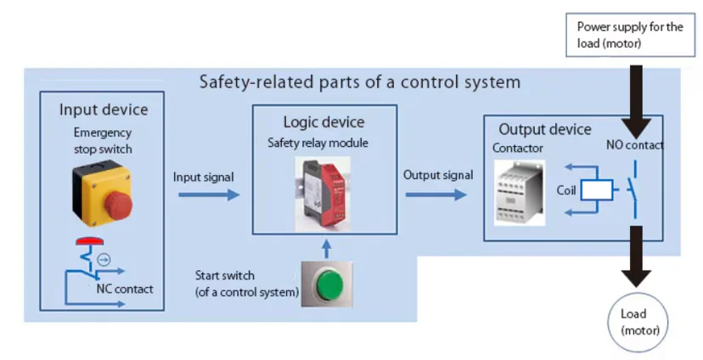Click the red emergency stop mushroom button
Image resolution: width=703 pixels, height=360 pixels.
click(119, 205)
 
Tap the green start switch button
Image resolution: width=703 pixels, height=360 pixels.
click(330, 284)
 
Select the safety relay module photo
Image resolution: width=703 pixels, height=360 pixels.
click(323, 194)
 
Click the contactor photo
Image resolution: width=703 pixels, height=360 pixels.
click(520, 193)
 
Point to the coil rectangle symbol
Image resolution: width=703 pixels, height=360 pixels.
click(597, 189)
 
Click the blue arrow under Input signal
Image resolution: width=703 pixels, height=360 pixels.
click(209, 194)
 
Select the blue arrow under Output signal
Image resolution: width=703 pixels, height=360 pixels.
click(436, 194)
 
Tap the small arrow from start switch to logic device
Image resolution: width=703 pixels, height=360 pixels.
click(326, 249)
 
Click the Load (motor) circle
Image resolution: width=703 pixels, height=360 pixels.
click(638, 323)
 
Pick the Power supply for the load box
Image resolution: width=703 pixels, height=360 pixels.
click(630, 35)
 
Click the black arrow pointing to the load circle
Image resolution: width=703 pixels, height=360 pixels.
click(636, 256)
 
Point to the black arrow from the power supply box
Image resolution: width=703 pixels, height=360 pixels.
click(636, 101)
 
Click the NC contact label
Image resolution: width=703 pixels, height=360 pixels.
click(125, 290)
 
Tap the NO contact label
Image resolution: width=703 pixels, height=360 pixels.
click(635, 145)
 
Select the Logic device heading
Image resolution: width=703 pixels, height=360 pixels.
click(323, 122)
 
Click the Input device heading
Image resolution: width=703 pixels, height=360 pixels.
click(104, 110)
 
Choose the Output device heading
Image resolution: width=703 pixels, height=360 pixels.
click(545, 130)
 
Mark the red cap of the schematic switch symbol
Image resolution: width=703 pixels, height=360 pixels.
click(90, 241)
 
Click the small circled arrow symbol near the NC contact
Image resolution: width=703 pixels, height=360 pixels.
click(104, 259)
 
